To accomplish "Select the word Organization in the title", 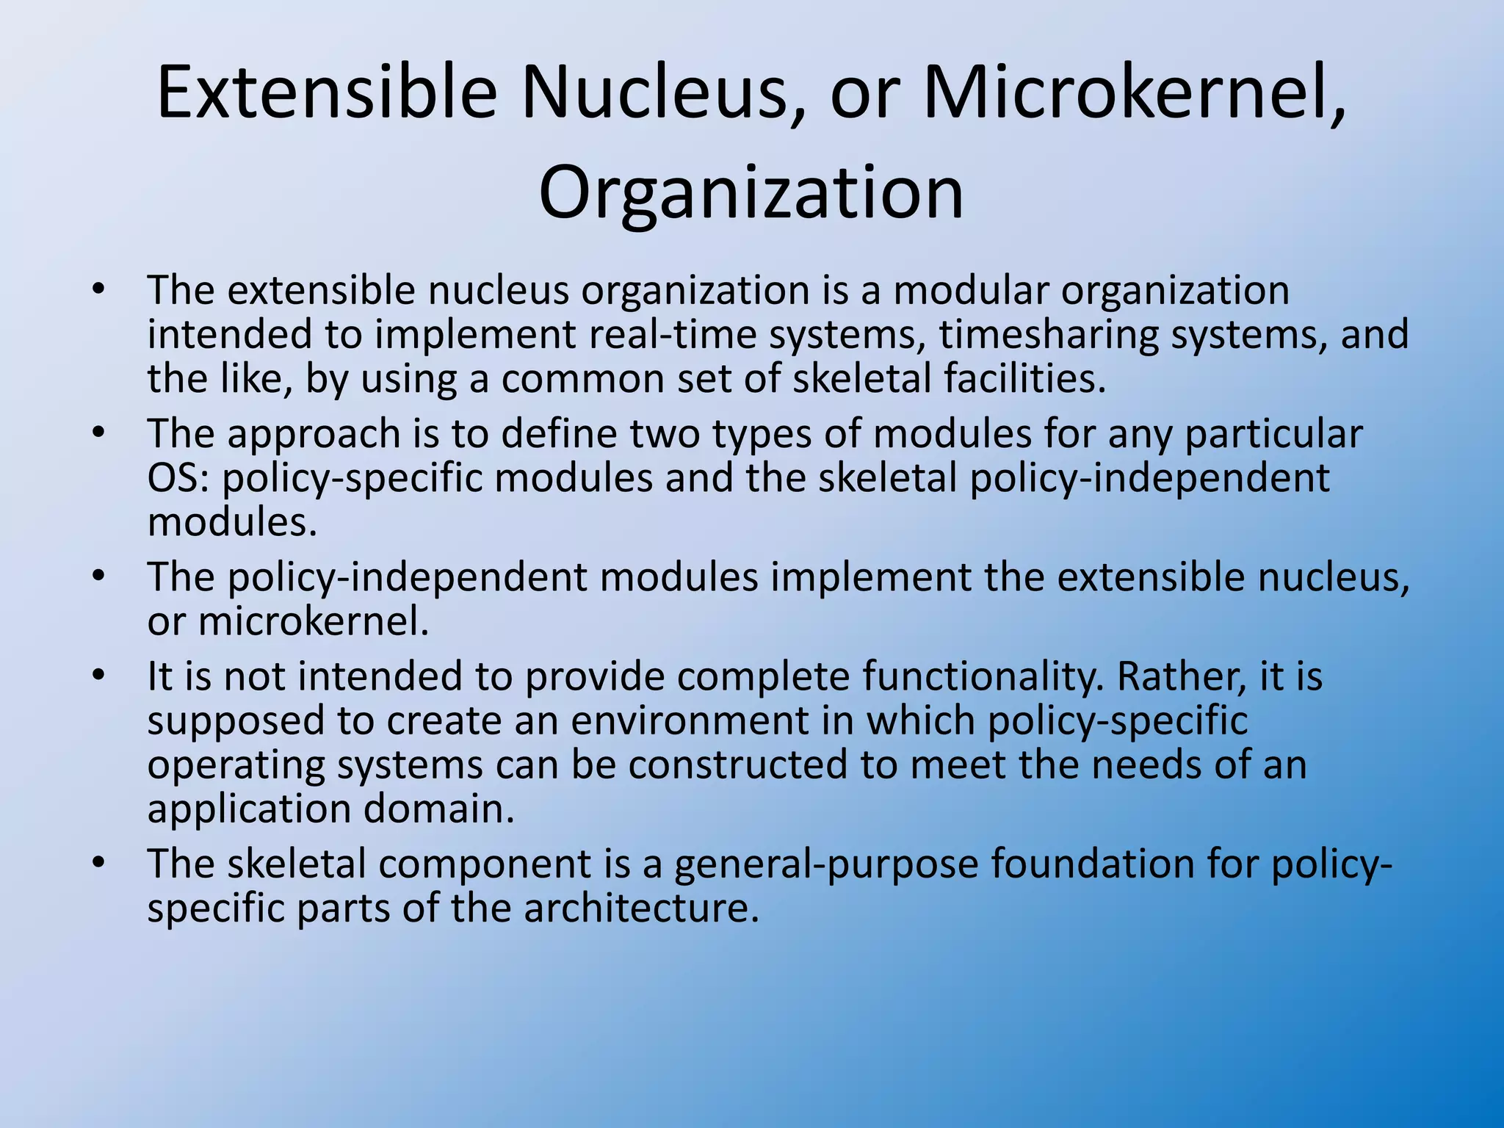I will click(x=751, y=192).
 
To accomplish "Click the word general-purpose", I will click(x=826, y=864).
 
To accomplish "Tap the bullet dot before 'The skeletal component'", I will click(x=99, y=861).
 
